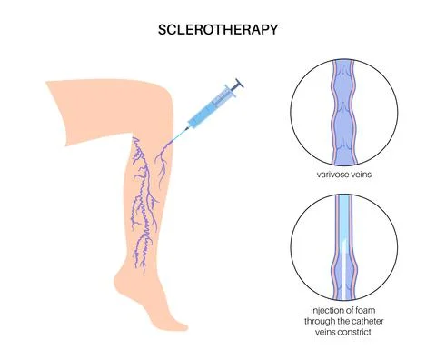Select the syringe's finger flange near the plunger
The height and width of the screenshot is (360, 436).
click(232, 91)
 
